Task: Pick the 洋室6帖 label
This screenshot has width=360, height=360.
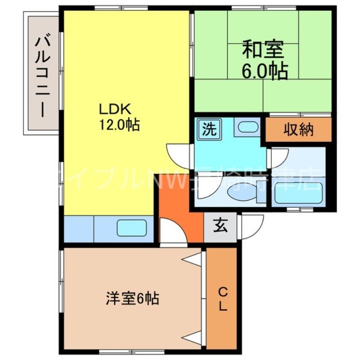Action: coord(132,298)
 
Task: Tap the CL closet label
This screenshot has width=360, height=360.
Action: coord(223,300)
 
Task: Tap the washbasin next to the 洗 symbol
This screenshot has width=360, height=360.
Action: coord(247,128)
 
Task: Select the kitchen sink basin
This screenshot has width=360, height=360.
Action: coord(132,228)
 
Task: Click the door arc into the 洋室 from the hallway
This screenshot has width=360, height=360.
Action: coord(173,231)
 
